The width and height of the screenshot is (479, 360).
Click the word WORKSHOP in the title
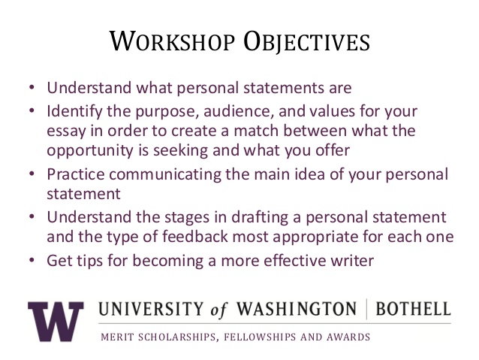coord(172,41)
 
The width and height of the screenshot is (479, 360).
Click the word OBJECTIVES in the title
coord(306,41)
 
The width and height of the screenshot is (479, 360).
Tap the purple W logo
coord(56,321)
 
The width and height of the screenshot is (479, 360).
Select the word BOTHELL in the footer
coord(413,309)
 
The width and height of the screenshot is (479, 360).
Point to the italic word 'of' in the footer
coord(218,310)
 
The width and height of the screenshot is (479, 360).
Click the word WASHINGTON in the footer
coord(297,309)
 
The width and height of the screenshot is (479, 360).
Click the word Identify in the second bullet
coord(74,111)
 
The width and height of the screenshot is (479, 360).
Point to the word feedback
coord(195,237)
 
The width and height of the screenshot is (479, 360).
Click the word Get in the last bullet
coord(59,261)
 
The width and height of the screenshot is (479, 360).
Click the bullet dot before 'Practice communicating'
coord(32,174)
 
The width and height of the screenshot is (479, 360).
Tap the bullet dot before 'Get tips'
coord(32,260)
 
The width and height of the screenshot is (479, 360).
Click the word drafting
coord(260,218)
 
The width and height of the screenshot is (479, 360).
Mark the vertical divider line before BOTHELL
coord(366,309)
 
